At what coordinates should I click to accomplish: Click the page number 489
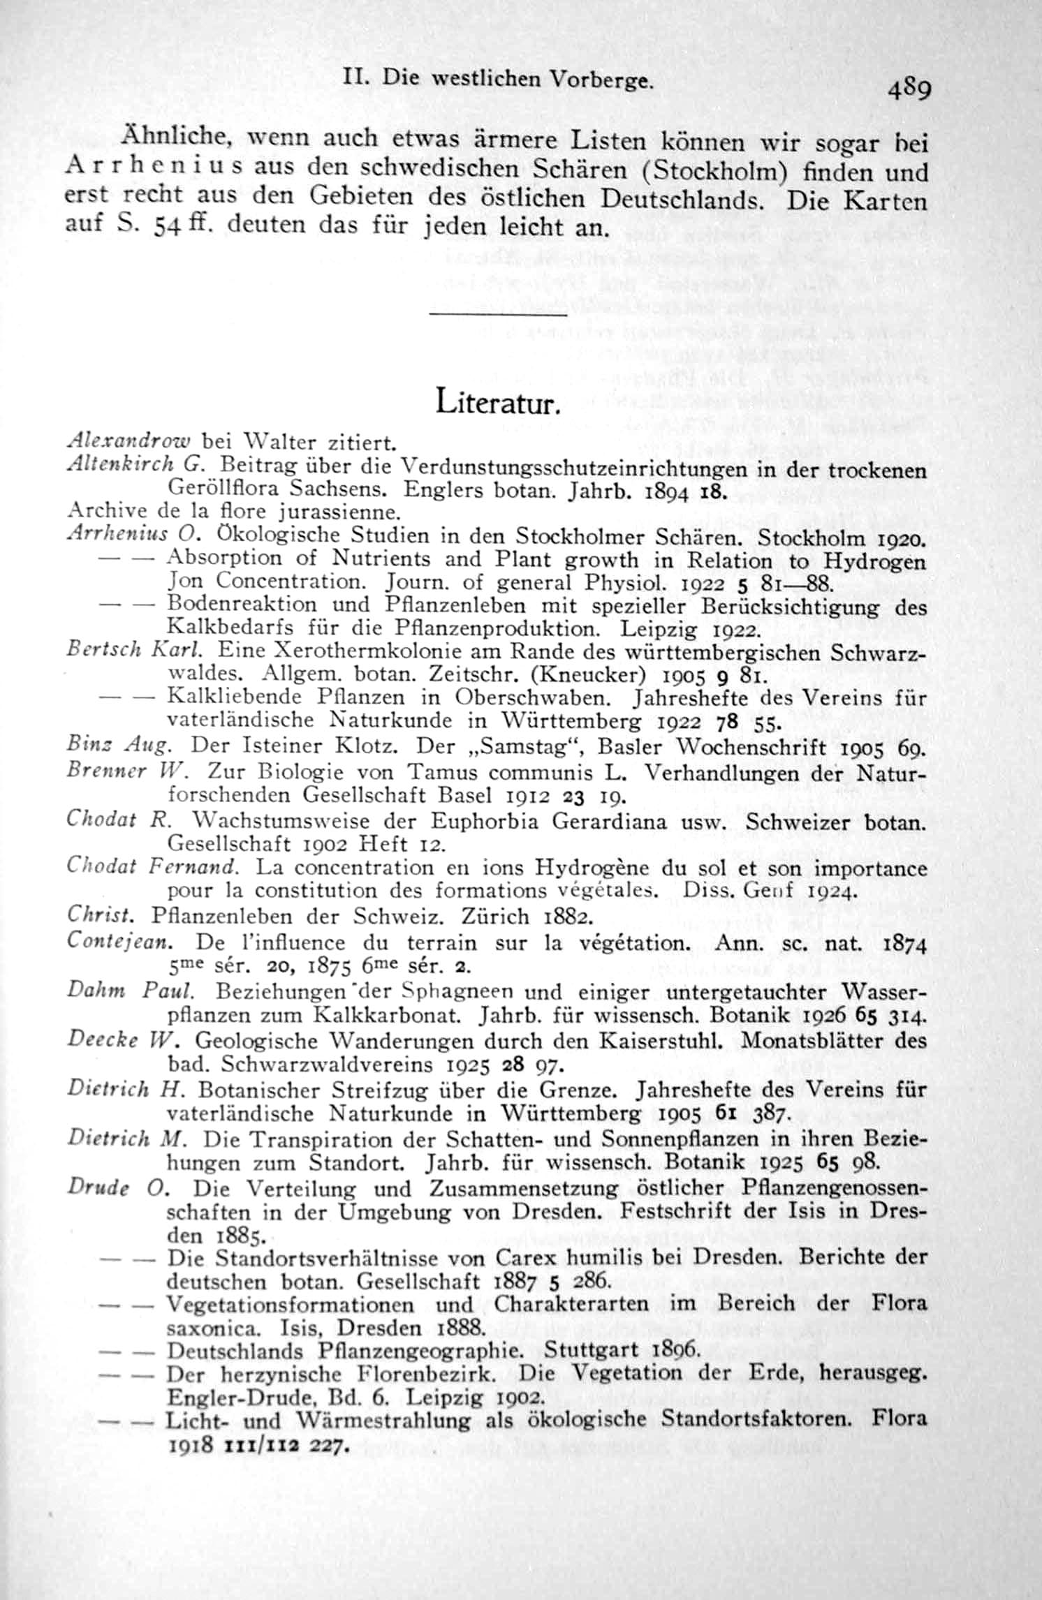(910, 91)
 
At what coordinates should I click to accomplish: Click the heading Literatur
(497, 402)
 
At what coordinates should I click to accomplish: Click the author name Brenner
(105, 771)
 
